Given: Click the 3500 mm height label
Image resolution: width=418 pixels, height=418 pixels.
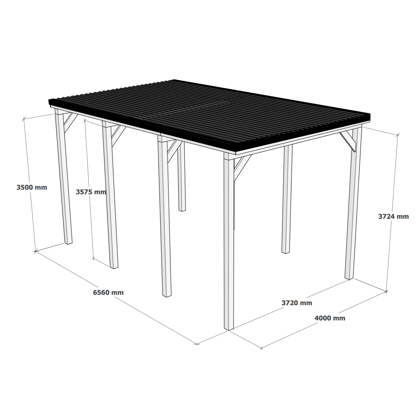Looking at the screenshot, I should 32,187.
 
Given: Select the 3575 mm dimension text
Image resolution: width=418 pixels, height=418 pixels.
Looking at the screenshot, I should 91,192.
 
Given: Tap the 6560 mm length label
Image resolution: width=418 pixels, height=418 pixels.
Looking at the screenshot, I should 108,292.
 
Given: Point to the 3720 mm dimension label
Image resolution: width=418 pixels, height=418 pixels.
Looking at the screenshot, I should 297,303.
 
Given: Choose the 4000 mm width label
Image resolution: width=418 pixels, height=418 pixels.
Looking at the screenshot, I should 330,318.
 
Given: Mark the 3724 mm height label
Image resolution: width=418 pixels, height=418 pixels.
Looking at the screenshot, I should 393,216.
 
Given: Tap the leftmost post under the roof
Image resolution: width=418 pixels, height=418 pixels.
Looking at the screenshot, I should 64,178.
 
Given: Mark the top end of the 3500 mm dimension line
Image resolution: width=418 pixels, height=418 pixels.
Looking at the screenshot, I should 24,119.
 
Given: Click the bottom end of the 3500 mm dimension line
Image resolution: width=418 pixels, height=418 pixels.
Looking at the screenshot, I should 35,251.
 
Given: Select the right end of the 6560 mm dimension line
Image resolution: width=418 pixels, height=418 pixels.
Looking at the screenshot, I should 197,344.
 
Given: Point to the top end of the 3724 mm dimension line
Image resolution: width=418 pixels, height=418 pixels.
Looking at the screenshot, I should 398,135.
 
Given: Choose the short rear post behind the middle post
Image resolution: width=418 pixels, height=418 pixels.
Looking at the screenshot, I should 181,178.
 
